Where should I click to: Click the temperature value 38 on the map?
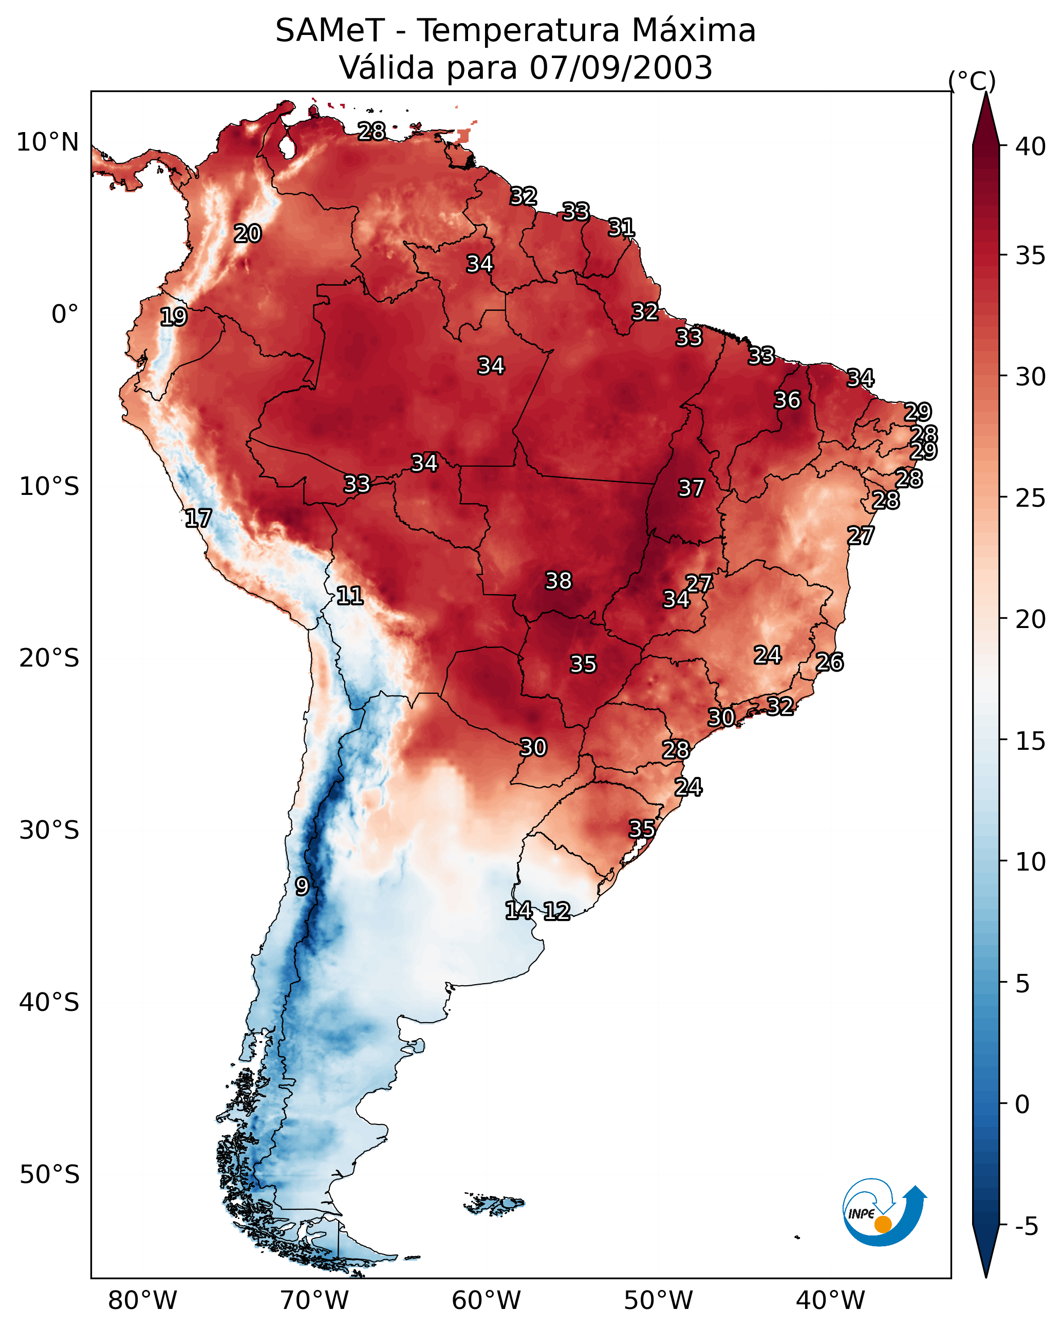(x=558, y=581)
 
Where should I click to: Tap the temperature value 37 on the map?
(x=691, y=488)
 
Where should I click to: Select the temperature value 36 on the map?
(x=787, y=400)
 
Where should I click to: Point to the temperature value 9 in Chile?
(x=302, y=887)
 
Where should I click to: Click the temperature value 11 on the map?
(x=349, y=596)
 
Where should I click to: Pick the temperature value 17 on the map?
(x=198, y=519)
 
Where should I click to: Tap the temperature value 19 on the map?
(x=173, y=317)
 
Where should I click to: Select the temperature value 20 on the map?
(x=247, y=234)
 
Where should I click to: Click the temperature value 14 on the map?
(x=518, y=911)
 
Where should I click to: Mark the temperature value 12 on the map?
(x=556, y=911)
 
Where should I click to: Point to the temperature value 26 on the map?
(x=829, y=662)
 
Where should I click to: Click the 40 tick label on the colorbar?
(x=1031, y=146)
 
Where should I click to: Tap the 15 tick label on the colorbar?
(x=1031, y=741)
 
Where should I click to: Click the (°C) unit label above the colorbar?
(x=972, y=81)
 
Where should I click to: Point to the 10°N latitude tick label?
(x=47, y=142)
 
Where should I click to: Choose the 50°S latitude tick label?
(x=49, y=1175)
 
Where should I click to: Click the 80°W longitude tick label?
(x=142, y=1300)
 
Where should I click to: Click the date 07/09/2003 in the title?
(x=621, y=68)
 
